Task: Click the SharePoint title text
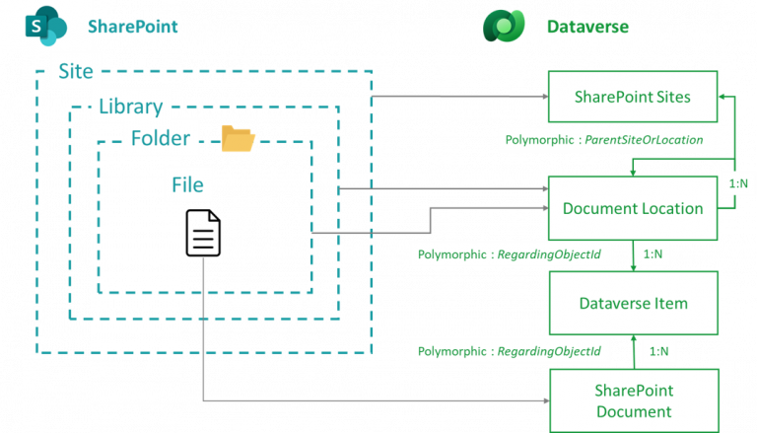tap(133, 27)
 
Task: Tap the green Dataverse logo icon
tap(504, 26)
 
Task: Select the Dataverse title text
tap(587, 27)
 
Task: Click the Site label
tap(76, 72)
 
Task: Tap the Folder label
tap(160, 138)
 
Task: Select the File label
tap(187, 184)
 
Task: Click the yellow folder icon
tap(238, 139)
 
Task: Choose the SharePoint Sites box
tap(632, 97)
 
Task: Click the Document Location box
tap(632, 208)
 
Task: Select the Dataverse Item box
tap(632, 303)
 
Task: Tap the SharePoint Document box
tap(632, 400)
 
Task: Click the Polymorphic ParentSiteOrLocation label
tap(603, 140)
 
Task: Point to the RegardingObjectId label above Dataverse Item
tap(509, 254)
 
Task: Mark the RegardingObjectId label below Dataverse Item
tap(509, 351)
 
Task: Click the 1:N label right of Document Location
tap(737, 183)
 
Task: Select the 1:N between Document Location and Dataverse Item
tap(653, 254)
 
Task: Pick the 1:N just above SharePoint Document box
tap(659, 351)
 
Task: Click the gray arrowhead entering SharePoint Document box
tap(544, 401)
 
